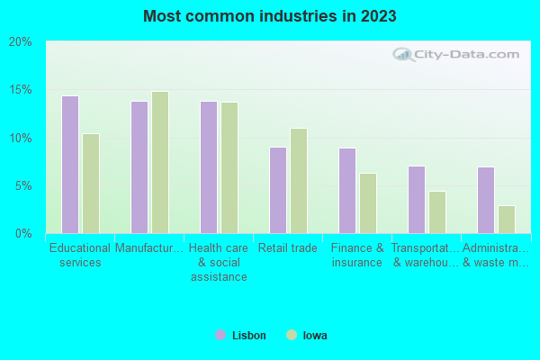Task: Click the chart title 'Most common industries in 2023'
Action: (269, 16)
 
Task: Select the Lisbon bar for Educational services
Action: (69, 165)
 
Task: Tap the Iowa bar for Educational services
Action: (91, 184)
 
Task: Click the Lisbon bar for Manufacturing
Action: (139, 167)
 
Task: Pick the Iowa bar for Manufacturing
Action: (160, 163)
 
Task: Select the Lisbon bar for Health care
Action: (208, 167)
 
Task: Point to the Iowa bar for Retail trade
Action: (299, 181)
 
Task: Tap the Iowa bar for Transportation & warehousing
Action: (437, 212)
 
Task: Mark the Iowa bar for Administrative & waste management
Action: (507, 220)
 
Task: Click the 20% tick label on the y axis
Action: (21, 42)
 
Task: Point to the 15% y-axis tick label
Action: (21, 90)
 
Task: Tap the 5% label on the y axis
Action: (23, 186)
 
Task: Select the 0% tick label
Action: (23, 234)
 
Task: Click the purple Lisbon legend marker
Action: (220, 335)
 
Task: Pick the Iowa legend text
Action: (315, 336)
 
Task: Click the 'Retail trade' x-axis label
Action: (287, 247)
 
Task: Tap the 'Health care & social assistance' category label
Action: (219, 262)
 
